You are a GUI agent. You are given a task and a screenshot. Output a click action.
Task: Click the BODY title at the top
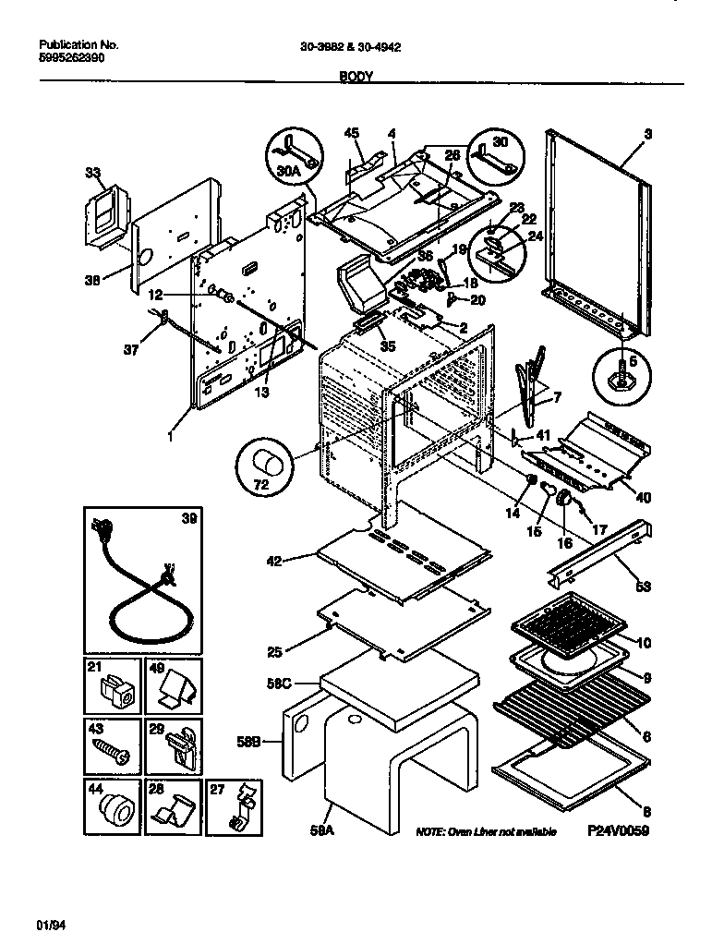[355, 78]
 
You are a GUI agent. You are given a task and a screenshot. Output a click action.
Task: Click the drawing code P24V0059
[619, 831]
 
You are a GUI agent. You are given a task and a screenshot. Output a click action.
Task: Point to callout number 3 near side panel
[648, 134]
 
